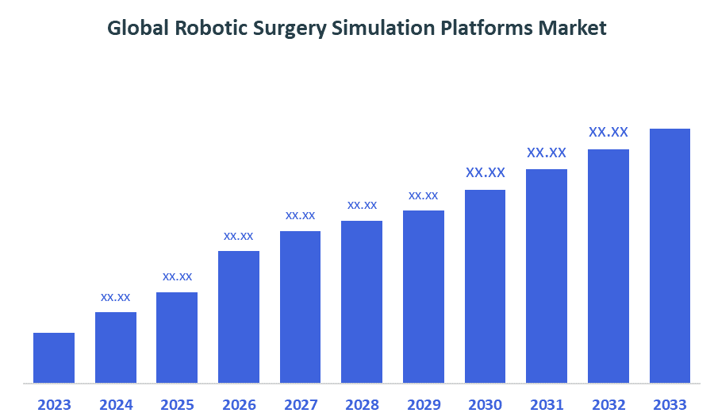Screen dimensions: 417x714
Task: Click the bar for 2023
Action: pyautogui.click(x=54, y=357)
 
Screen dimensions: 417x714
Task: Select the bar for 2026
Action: pyautogui.click(x=239, y=317)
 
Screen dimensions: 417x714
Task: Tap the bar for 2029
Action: pyautogui.click(x=424, y=296)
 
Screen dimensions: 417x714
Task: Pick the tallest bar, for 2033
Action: pyautogui.click(x=670, y=256)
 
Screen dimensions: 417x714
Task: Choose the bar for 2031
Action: pyautogui.click(x=547, y=276)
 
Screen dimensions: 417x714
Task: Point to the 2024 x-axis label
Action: pyautogui.click(x=116, y=405)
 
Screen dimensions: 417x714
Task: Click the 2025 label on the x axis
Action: pyautogui.click(x=177, y=405)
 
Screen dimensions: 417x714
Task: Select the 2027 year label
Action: pyautogui.click(x=301, y=405)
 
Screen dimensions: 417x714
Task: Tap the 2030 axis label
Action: pyautogui.click(x=486, y=405)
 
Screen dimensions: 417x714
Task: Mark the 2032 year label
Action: pyautogui.click(x=608, y=405)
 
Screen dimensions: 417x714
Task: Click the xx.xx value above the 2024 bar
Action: pyautogui.click(x=116, y=297)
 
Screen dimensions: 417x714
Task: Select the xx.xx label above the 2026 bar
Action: pyautogui.click(x=239, y=236)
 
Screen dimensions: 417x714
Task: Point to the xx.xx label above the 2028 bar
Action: pyautogui.click(x=362, y=205)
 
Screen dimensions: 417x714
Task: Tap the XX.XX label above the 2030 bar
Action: pyautogui.click(x=486, y=172)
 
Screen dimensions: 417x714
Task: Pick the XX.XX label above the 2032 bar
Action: pyautogui.click(x=608, y=132)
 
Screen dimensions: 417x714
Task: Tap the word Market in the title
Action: pyautogui.click(x=572, y=29)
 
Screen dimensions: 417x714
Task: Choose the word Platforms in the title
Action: pyautogui.click(x=485, y=29)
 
